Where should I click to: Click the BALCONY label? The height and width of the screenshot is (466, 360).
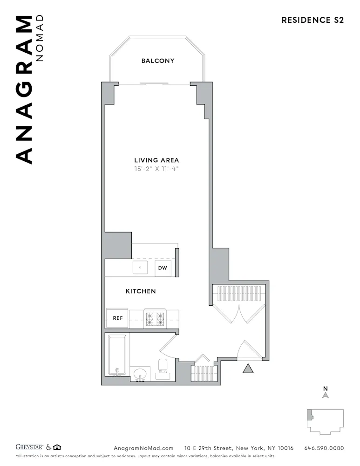click(158, 61)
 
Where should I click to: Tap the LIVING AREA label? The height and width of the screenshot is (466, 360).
click(156, 160)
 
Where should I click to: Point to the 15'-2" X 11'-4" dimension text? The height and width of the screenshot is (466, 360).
click(156, 169)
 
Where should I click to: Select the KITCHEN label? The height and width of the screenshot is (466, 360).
click(141, 291)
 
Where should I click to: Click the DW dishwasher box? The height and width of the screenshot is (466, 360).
click(163, 268)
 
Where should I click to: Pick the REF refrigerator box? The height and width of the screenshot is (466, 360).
click(117, 318)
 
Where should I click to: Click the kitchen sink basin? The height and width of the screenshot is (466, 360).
click(140, 268)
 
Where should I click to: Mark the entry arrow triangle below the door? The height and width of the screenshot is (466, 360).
click(248, 369)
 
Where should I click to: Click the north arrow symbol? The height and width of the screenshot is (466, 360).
click(326, 395)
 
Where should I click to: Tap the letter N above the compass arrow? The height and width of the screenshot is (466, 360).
click(326, 388)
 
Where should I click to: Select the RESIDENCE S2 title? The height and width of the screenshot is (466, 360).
click(312, 20)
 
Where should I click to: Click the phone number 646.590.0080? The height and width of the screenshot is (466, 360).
click(324, 448)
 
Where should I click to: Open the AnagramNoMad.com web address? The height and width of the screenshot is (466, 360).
click(143, 448)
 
